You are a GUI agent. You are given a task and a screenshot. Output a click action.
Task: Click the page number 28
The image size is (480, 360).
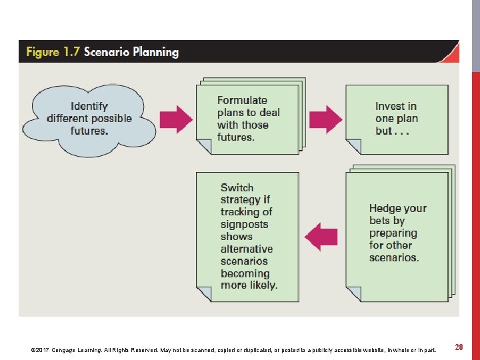[x=459, y=347]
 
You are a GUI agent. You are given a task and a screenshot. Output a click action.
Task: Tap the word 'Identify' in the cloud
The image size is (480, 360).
[x=89, y=106]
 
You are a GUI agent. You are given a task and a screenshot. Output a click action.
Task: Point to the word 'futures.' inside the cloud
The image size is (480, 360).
[x=89, y=131]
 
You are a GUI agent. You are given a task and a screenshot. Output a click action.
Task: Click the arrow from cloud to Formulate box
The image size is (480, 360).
[x=175, y=119]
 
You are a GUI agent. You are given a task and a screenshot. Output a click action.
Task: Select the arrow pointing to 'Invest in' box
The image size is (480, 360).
[x=325, y=119]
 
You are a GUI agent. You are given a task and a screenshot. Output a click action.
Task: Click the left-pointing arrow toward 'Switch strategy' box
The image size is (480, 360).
[x=321, y=237]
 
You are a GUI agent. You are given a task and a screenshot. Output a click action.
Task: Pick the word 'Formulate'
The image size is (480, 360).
[x=242, y=100]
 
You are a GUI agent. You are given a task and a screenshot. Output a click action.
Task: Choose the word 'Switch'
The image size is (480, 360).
[x=237, y=188]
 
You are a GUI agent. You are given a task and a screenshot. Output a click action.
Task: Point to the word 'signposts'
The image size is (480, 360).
[x=245, y=225]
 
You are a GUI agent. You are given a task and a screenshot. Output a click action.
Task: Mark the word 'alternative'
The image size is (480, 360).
[x=247, y=249]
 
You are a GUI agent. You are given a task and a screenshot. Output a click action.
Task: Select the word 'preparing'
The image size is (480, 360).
[x=393, y=233]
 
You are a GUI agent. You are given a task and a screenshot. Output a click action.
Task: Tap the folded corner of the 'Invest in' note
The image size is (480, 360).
[x=353, y=147]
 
